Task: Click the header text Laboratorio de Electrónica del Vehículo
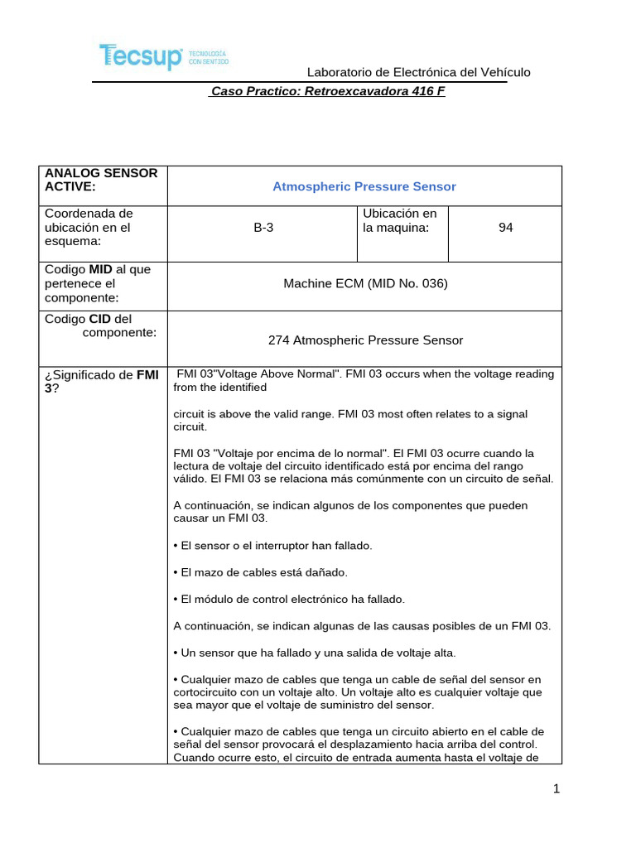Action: [418, 73]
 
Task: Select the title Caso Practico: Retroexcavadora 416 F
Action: [328, 92]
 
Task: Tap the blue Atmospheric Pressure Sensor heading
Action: [364, 186]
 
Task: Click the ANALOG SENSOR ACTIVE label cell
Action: [101, 180]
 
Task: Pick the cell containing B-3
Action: [263, 228]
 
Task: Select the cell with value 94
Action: [505, 228]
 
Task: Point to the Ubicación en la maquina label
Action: [399, 220]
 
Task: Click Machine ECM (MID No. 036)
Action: [365, 283]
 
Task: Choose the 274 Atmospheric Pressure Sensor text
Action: [365, 340]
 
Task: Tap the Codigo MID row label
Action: [98, 283]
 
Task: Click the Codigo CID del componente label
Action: [100, 325]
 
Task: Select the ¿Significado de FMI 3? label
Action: [101, 381]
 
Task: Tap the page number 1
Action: [557, 789]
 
